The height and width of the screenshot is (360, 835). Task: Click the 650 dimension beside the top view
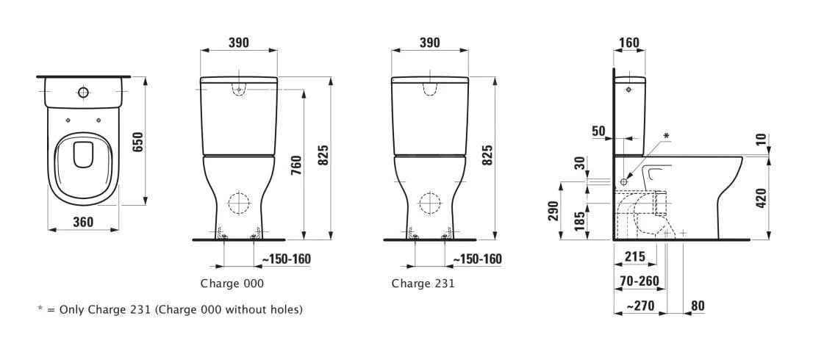pos(137,142)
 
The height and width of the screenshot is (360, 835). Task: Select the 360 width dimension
pos(83,221)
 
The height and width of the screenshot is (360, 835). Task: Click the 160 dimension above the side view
pos(628,43)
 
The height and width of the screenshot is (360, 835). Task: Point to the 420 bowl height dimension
pos(761,198)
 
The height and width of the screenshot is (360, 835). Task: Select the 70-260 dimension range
pos(638,281)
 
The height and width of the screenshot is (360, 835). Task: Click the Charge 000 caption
pos(232,283)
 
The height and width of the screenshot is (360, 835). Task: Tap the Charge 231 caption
pos(423,283)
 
